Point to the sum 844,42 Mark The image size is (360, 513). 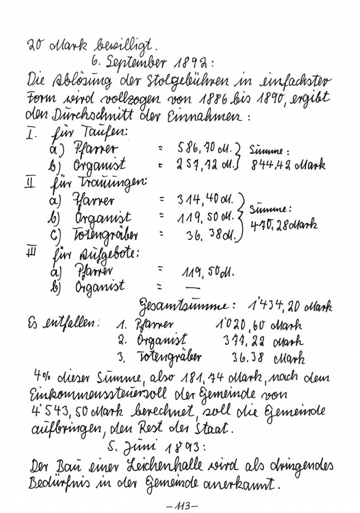(288, 164)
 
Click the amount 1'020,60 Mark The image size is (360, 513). (257, 325)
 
